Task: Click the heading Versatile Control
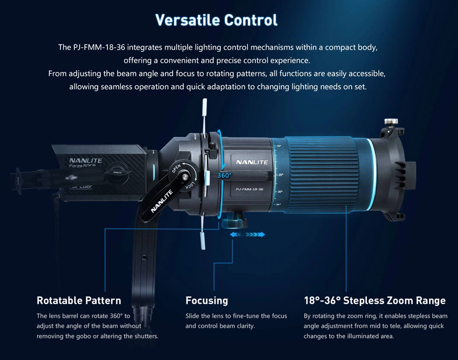[x=216, y=20]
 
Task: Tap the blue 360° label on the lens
[x=224, y=175]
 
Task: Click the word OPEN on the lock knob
[x=176, y=168]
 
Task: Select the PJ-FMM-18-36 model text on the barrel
[x=249, y=189]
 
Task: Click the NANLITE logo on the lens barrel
[x=252, y=162]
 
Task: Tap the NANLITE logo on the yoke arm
[x=162, y=201]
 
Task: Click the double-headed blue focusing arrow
[x=248, y=234]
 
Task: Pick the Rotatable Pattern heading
[x=79, y=301]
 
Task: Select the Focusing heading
[x=207, y=301]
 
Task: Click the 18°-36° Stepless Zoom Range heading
[x=375, y=301]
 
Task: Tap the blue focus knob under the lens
[x=232, y=222]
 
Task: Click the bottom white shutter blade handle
[x=203, y=240]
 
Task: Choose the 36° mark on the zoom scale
[x=278, y=204]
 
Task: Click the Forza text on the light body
[x=75, y=166]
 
